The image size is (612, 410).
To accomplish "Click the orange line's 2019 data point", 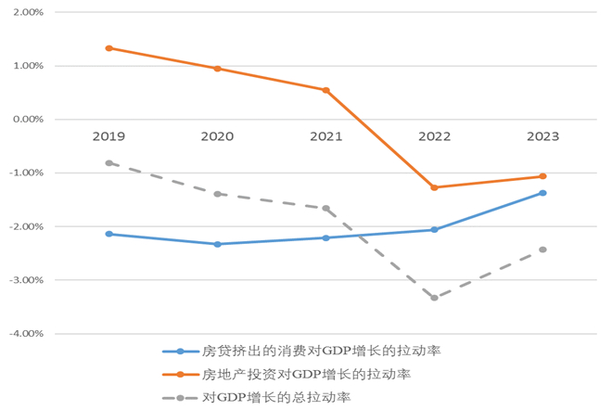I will click(108, 47).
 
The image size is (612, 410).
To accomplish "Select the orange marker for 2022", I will click(434, 187).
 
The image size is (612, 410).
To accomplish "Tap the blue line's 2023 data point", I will click(542, 193).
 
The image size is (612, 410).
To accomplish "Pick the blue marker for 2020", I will click(217, 244).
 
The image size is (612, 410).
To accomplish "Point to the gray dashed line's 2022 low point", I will click(434, 298).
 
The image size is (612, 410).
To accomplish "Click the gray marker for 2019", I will click(108, 163).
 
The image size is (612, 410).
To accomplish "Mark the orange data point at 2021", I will click(325, 90).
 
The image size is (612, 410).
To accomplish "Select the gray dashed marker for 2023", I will click(542, 250).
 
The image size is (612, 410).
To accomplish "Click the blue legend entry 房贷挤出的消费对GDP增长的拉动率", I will click(306, 352).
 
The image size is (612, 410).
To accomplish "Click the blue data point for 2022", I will click(434, 229).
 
